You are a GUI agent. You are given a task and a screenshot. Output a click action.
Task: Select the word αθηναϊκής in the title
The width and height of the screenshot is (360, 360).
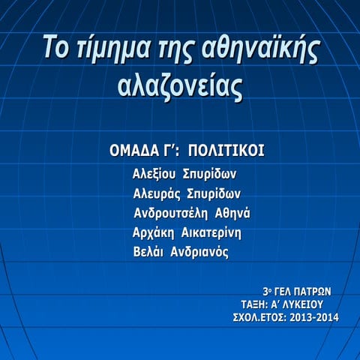(x=261, y=49)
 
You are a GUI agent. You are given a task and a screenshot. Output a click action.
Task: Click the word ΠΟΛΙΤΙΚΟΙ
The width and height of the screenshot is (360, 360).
(x=226, y=151)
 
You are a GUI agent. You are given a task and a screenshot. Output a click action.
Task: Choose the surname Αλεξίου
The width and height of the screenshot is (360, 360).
(x=154, y=174)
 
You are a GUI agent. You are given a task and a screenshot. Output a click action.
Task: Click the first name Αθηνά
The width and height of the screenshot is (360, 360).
(x=232, y=213)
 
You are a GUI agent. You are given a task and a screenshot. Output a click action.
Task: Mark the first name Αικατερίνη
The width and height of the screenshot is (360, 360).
(x=211, y=232)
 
